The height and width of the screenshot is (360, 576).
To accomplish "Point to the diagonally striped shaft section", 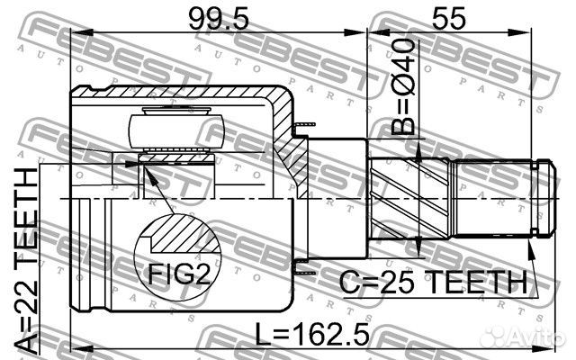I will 397,194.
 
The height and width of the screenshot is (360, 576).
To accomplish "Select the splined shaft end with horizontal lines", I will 495,194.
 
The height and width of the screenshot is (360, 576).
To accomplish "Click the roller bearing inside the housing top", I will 175,126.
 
